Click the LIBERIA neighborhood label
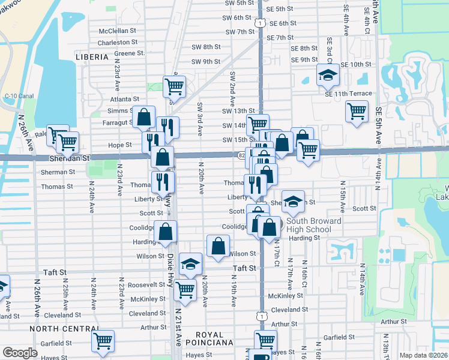coord(92,57)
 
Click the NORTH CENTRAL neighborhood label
coord(64,329)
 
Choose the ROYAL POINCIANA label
coord(218,338)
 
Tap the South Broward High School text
coord(309,226)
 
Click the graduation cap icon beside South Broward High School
coord(293,202)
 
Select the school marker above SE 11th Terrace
coord(328,75)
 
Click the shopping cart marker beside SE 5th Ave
coord(357,111)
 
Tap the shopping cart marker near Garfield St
coord(103,341)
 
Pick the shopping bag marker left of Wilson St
coord(218,245)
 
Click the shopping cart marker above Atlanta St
coord(174,86)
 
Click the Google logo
coord(20,353)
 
